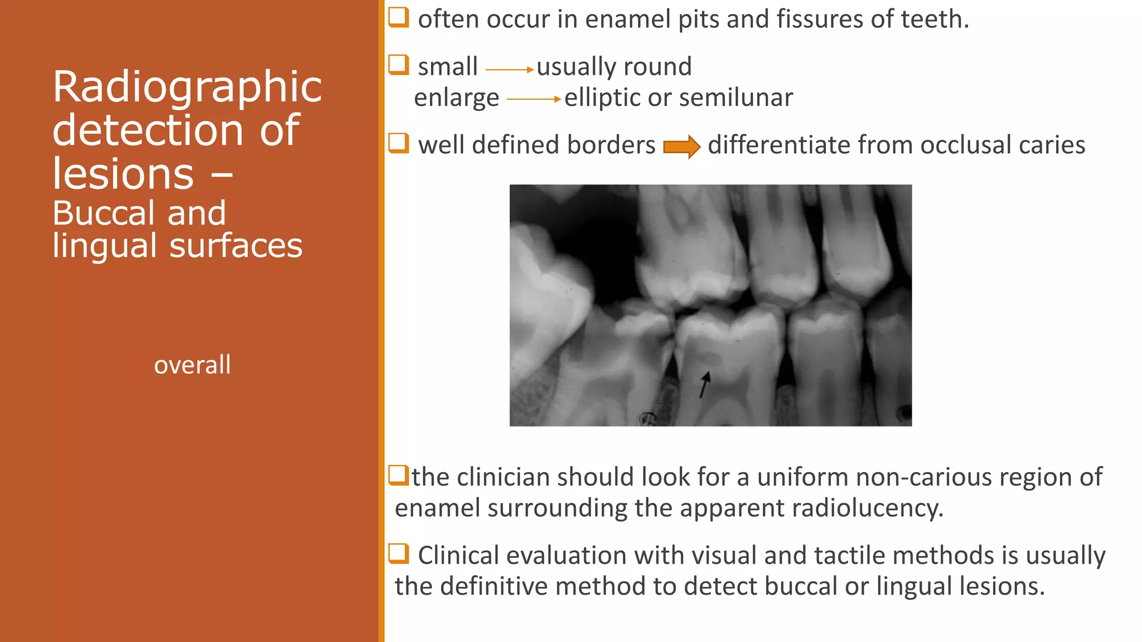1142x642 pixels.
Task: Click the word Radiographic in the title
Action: (187, 87)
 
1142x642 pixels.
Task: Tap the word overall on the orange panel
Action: (192, 365)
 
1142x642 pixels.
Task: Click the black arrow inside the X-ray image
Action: (705, 385)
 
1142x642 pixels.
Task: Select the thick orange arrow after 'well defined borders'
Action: (681, 147)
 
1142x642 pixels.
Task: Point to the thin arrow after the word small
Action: (509, 70)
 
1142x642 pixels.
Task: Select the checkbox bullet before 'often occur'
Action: (399, 17)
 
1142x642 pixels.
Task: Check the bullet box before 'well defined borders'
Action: (399, 143)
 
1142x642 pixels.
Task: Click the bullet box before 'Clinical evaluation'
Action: (399, 553)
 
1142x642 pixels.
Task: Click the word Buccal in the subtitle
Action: (104, 213)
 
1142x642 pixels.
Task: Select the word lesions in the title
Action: (123, 174)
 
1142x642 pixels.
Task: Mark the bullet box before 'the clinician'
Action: (399, 475)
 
